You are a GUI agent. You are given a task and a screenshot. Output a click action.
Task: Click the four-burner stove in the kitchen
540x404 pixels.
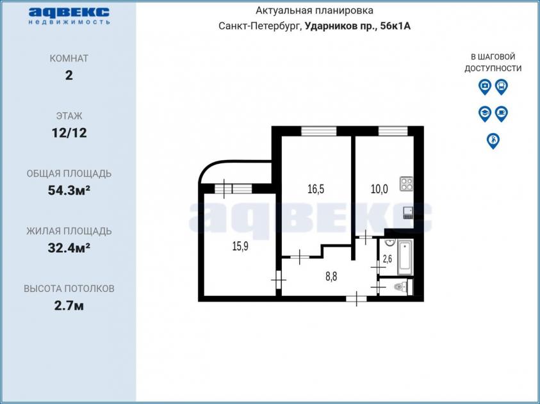click(406, 183)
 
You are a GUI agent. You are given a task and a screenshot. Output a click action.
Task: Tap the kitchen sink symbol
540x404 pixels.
click(408, 213)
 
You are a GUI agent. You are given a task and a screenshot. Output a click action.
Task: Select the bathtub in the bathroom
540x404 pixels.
click(405, 258)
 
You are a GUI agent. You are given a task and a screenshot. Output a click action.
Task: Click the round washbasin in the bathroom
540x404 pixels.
click(389, 243)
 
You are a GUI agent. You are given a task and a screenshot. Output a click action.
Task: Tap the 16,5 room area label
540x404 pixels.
click(315, 190)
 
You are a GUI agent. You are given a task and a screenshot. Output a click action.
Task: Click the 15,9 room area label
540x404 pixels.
click(240, 246)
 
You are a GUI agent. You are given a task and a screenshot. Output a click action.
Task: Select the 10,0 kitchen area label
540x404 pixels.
click(379, 189)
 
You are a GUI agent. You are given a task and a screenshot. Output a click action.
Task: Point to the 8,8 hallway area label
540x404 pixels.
click(331, 277)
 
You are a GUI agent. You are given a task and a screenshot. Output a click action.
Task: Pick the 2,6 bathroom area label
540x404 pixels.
click(388, 259)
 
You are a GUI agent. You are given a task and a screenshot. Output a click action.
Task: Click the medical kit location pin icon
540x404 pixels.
click(484, 86)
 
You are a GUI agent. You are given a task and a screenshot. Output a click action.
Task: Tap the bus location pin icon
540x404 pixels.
click(502, 86)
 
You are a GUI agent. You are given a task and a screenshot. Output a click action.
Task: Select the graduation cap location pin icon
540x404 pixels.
click(484, 113)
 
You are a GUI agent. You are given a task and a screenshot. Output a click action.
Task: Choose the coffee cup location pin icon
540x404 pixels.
click(502, 113)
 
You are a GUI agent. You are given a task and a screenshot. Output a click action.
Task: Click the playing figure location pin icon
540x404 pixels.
click(493, 141)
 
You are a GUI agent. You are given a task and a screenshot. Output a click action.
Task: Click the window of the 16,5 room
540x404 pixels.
click(318, 131)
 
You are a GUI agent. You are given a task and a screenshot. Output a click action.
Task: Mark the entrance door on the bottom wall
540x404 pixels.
click(356, 299)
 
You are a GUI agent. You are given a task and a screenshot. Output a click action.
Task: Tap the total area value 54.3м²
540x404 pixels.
click(69, 190)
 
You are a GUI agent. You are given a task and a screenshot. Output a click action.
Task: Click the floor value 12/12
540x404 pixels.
click(69, 133)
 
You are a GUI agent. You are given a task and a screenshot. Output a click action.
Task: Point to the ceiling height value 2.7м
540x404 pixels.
click(69, 305)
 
